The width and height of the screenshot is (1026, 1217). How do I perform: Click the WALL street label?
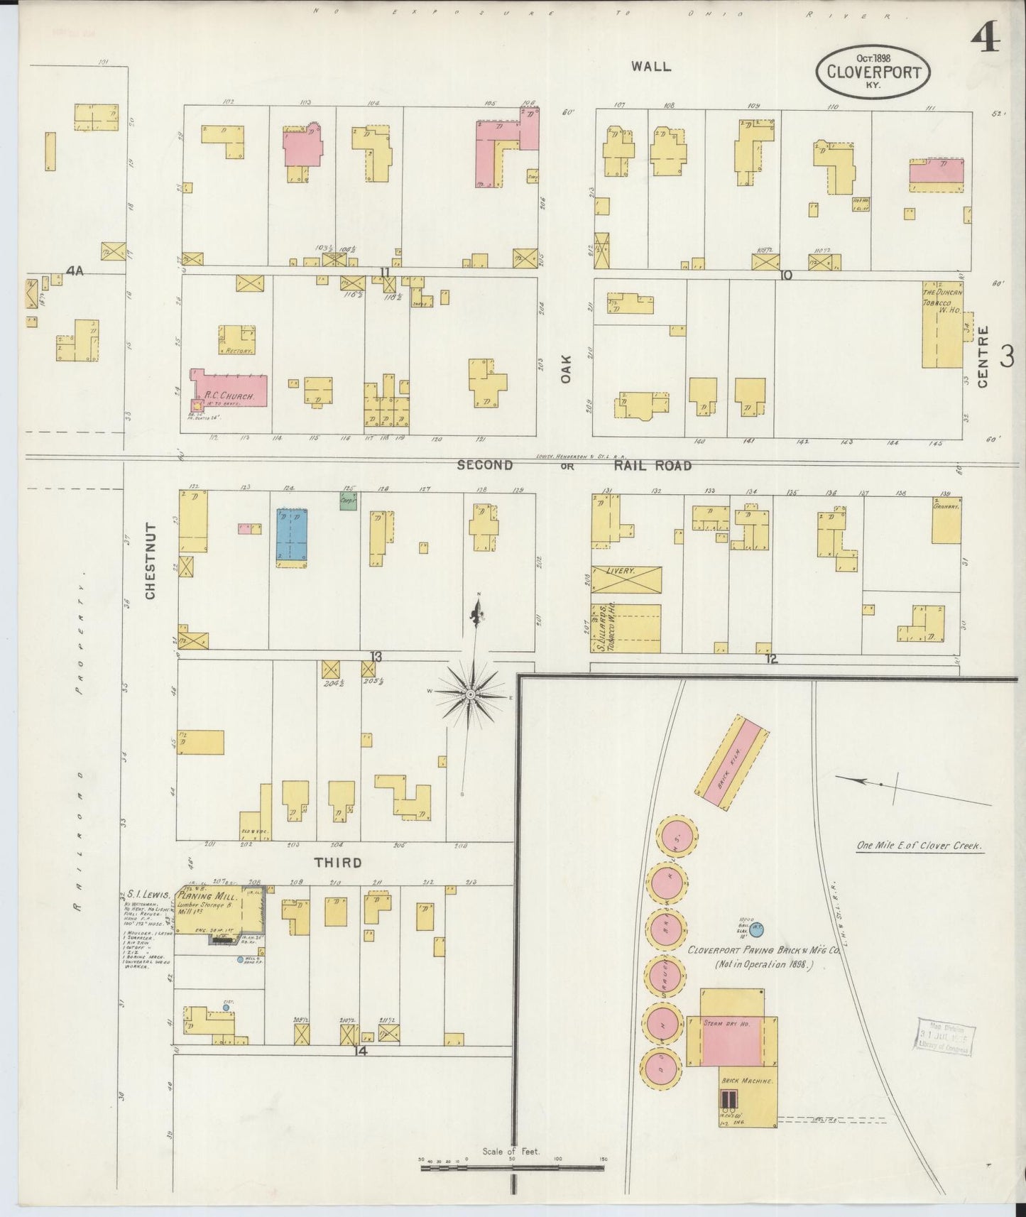(x=651, y=66)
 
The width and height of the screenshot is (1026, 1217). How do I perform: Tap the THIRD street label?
(x=339, y=863)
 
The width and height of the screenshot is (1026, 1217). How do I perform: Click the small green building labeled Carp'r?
(x=348, y=499)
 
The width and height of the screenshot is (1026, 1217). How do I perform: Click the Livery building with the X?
(x=626, y=579)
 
